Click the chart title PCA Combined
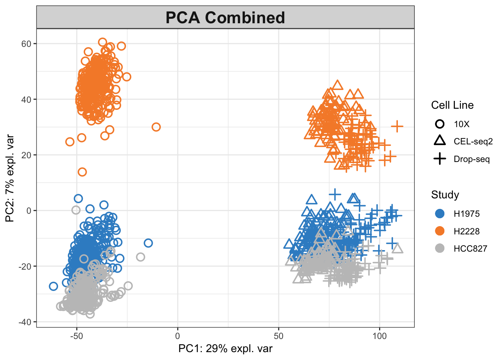[x=225, y=18]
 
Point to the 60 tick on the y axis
[x=26, y=44]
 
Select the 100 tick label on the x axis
[x=379, y=336]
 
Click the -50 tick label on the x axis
[x=76, y=336]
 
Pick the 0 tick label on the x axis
[x=178, y=336]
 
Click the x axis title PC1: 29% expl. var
[x=225, y=349]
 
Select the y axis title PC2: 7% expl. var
[x=10, y=178]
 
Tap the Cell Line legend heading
[x=452, y=105]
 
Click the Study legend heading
[x=445, y=195]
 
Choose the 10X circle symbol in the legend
[x=440, y=124]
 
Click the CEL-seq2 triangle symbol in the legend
[x=440, y=141]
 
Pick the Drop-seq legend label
[x=472, y=159]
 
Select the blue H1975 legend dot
[x=440, y=214]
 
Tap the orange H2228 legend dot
[x=440, y=231]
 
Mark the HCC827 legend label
[x=470, y=249]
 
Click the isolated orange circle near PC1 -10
[x=156, y=127]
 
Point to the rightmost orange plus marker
[x=397, y=126]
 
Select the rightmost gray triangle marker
[x=397, y=248]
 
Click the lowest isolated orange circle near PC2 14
[x=82, y=172]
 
